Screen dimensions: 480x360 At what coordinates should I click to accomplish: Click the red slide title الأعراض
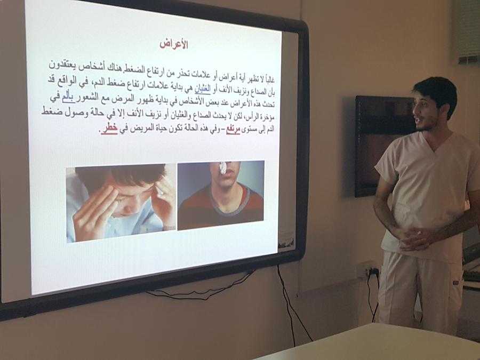(x=173, y=44)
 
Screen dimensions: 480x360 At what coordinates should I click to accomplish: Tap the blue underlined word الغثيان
(x=203, y=90)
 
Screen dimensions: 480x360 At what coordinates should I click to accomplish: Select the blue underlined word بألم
(x=68, y=98)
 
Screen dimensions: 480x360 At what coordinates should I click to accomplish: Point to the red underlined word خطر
(x=110, y=129)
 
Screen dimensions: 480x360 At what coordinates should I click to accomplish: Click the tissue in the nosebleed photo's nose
(x=222, y=169)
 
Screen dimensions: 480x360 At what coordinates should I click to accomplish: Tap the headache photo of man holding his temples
(x=121, y=203)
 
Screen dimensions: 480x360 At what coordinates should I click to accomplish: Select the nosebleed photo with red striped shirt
(x=221, y=195)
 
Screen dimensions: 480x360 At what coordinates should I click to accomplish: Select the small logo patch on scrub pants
(x=457, y=284)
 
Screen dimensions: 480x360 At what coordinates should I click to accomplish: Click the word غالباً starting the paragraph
(x=268, y=79)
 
